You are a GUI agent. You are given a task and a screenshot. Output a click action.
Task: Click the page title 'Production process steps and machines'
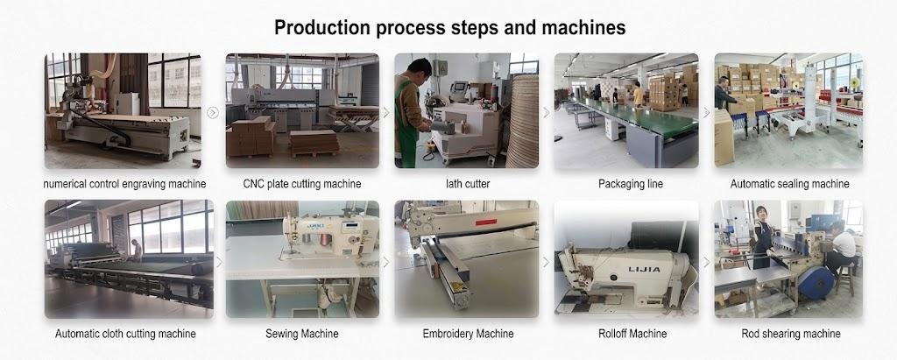pos(449,27)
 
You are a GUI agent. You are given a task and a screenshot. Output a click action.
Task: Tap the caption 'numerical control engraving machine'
pos(124,184)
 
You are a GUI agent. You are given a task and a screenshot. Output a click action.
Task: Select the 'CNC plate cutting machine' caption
pos(302,184)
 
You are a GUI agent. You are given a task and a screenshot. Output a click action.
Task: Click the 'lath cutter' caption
pos(468,184)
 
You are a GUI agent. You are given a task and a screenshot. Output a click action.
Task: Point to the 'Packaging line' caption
pos(631,184)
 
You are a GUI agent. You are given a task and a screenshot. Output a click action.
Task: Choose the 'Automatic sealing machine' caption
pos(789,184)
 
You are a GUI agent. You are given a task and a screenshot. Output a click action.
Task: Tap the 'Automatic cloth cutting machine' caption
pos(125,334)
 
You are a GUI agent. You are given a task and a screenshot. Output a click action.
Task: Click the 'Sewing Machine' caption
pos(301,334)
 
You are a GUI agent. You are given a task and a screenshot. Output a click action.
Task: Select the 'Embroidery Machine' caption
pos(468,334)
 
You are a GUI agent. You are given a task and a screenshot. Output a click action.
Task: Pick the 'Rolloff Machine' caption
pos(632,334)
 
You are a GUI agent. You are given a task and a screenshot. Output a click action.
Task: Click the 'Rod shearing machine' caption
pos(791,334)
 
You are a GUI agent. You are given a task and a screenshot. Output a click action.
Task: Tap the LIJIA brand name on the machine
pos(644,269)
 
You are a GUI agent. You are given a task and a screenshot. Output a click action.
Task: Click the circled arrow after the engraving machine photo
pos(213,113)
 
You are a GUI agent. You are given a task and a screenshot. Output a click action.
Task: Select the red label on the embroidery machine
pos(485,222)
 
